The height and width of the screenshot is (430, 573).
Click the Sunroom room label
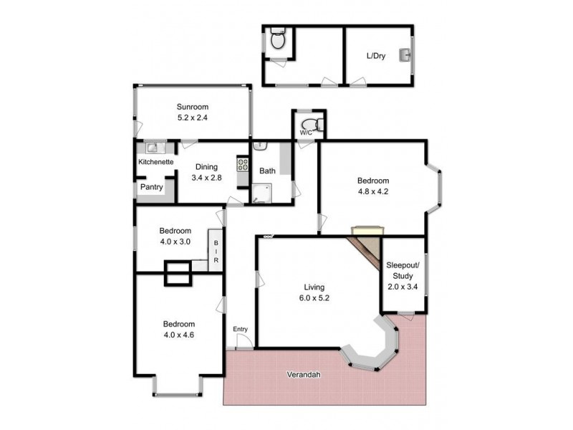(193, 107)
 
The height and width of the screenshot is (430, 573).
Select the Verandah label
(304, 375)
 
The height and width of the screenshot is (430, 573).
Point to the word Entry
(240, 330)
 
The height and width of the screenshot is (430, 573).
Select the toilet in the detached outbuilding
(279, 41)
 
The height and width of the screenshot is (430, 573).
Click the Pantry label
(152, 187)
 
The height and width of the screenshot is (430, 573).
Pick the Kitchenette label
(155, 163)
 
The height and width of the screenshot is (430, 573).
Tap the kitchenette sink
(153, 148)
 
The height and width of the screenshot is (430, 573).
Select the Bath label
(267, 171)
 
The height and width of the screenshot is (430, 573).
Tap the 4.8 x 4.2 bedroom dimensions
(373, 191)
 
